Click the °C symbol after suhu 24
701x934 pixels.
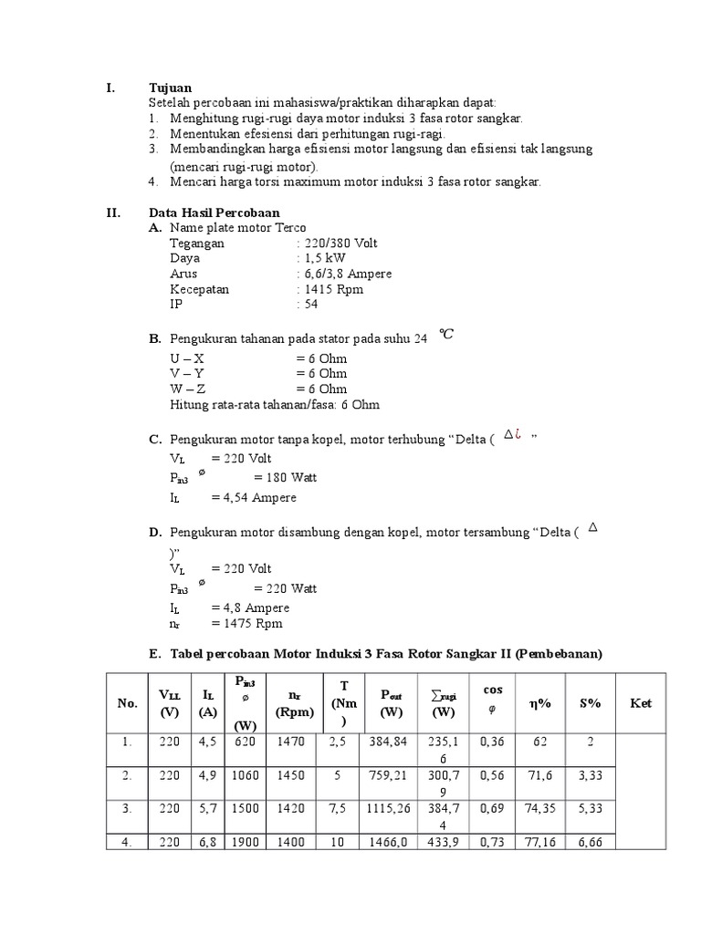tap(445, 335)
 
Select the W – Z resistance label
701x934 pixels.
tap(188, 389)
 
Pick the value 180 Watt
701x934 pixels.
tap(285, 478)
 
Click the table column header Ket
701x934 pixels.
tap(641, 703)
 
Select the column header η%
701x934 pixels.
tap(539, 703)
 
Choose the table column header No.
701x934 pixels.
tap(127, 703)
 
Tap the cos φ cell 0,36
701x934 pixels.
tap(492, 742)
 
